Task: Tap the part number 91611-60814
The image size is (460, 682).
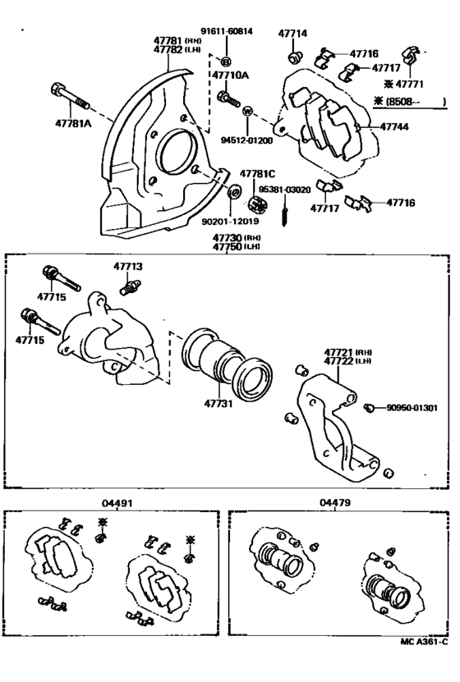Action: coord(225,31)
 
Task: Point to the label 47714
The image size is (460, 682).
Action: coord(292,34)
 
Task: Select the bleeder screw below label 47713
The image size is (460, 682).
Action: coord(128,288)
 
